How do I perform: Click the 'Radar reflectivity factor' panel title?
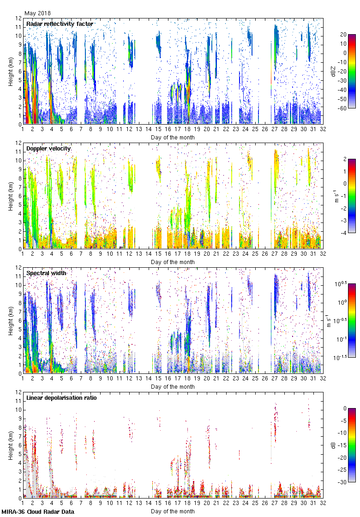coord(60,24)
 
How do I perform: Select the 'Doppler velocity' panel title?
coord(48,148)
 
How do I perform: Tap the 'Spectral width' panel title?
coord(46,273)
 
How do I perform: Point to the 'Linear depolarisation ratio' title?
coord(61,397)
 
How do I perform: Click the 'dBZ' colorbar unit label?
coord(333,72)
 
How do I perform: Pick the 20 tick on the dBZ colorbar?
coord(350,35)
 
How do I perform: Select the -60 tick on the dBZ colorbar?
coord(350,108)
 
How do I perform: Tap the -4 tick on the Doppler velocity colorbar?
coord(350,233)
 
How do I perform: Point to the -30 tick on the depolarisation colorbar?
coord(350,482)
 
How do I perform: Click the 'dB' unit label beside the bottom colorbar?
coord(333,445)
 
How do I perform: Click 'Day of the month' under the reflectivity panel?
coord(173,137)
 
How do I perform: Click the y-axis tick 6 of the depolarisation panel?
coord(19,445)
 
